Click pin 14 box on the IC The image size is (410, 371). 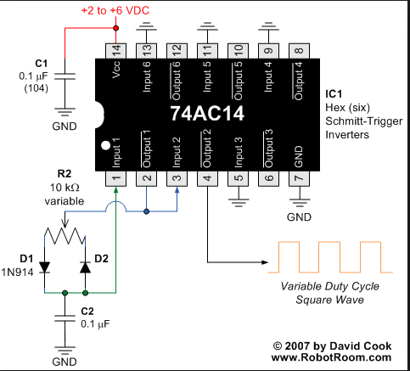click(x=115, y=51)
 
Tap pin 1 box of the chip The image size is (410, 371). click(x=115, y=178)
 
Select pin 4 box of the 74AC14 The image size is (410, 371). click(x=207, y=178)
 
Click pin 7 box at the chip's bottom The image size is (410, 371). click(x=299, y=178)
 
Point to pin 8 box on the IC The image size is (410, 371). click(x=299, y=51)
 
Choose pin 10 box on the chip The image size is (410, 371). click(x=238, y=51)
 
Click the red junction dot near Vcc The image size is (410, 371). click(x=115, y=28)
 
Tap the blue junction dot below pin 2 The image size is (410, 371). click(x=146, y=211)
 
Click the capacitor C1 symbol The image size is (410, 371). click(x=65, y=76)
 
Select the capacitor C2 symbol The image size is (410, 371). click(x=65, y=318)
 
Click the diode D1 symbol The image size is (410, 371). click(x=44, y=267)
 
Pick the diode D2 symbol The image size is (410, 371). click(x=85, y=267)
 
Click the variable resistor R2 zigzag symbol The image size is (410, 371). click(x=65, y=235)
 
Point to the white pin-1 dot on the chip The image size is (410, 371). click(x=105, y=145)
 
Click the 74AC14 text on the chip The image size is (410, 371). click(x=207, y=114)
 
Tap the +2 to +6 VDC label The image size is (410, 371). click(x=115, y=11)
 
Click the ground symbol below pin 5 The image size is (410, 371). click(x=239, y=203)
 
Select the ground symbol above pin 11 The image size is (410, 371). click(x=207, y=25)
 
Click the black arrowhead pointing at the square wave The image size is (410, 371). click(x=265, y=262)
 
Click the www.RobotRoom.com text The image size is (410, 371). click(x=331, y=357)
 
